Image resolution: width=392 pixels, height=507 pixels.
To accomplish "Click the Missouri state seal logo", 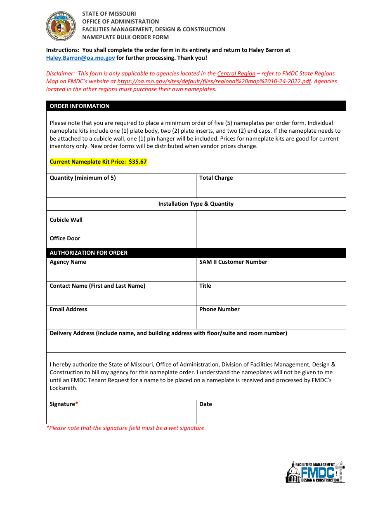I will [x=61, y=26].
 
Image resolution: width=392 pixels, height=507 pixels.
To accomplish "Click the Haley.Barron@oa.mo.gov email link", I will [x=80, y=58].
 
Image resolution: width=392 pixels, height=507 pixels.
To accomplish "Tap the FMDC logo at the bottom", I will [x=315, y=472].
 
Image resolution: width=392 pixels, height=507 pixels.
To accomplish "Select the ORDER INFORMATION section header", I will [x=80, y=106].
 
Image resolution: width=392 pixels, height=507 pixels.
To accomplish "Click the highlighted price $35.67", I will [x=137, y=162].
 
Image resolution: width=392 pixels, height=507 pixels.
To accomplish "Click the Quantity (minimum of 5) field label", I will [x=83, y=178].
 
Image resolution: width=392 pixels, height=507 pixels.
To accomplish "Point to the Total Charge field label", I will [x=216, y=178].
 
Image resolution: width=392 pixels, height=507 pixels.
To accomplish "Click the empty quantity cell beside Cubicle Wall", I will [x=271, y=220].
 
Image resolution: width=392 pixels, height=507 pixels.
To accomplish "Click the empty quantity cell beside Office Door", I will [x=271, y=238].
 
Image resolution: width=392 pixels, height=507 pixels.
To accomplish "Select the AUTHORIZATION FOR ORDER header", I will [x=88, y=253].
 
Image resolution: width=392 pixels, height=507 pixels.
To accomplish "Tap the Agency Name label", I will [x=68, y=262].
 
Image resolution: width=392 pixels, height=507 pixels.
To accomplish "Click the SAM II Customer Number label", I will [x=233, y=262].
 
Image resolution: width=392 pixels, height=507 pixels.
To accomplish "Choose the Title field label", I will [x=205, y=286].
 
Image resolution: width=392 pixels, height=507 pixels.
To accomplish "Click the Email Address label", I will [x=68, y=309].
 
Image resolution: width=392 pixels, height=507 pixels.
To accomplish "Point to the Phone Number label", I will [x=219, y=309].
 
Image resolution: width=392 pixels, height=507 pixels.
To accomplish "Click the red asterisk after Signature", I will [x=76, y=404].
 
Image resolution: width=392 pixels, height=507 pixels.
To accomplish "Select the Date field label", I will [x=205, y=404].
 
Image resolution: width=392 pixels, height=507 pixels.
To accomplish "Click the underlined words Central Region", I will [x=236, y=73].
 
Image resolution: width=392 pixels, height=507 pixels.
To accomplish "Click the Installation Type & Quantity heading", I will [x=196, y=204].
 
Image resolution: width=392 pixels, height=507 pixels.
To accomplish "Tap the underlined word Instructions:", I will [x=63, y=50].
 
